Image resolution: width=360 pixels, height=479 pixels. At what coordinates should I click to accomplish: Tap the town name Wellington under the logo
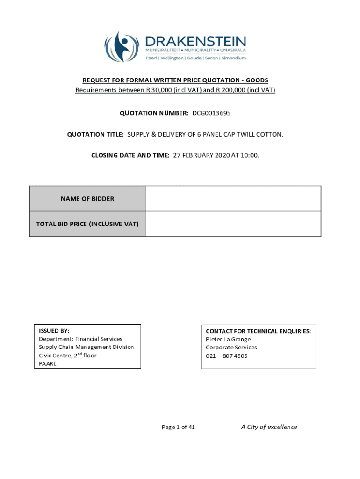click(x=172, y=58)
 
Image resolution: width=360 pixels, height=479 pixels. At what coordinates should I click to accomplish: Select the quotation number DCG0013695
click(x=211, y=113)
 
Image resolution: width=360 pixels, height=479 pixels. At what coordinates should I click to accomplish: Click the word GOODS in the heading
click(x=257, y=80)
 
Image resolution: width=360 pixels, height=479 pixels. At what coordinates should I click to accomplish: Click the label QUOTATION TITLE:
click(x=95, y=135)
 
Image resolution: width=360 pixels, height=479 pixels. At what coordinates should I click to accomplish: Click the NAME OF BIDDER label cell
click(x=87, y=199)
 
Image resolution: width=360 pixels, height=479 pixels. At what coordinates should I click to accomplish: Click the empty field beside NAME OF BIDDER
click(x=233, y=199)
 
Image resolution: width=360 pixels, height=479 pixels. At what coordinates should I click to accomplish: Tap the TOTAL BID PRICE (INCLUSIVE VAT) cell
click(x=87, y=224)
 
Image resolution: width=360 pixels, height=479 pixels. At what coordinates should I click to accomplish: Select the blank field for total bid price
click(x=233, y=224)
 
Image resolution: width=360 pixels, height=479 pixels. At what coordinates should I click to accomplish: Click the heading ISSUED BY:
click(x=54, y=331)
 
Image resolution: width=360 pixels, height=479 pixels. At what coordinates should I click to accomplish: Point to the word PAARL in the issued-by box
click(x=47, y=364)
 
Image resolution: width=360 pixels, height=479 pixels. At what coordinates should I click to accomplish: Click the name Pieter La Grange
click(x=228, y=339)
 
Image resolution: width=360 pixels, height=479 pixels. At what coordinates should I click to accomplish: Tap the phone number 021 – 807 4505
click(x=227, y=356)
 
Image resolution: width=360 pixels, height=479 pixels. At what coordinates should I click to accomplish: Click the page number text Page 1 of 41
click(x=178, y=427)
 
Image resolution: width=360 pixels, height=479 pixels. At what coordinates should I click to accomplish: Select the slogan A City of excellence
click(x=269, y=427)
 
